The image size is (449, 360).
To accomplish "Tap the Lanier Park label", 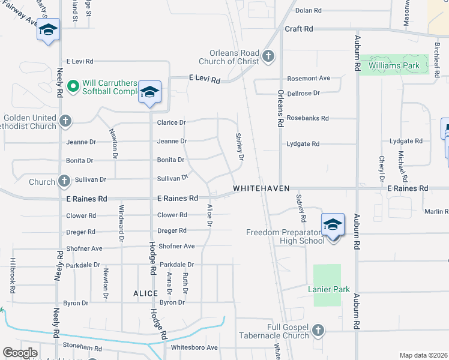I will (329, 289).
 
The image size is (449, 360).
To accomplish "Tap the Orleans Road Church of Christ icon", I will (268, 57).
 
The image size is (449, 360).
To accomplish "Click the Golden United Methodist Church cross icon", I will (65, 122).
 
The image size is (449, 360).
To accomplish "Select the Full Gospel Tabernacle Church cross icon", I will (318, 330).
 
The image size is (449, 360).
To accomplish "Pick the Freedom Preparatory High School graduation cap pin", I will (333, 226).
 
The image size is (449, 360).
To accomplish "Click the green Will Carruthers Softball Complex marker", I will (73, 87).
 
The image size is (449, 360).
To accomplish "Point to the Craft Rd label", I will (299, 29).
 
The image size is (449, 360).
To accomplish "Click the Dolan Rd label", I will (309, 10).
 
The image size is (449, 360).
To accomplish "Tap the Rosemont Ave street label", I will (309, 78).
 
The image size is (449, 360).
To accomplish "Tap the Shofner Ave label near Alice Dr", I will (176, 246).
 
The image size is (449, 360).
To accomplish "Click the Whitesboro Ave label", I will (194, 347).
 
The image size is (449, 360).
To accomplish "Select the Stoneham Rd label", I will (78, 347).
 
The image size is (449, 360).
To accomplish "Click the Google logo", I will (20, 353).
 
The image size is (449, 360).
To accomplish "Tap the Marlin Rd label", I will (436, 211).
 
